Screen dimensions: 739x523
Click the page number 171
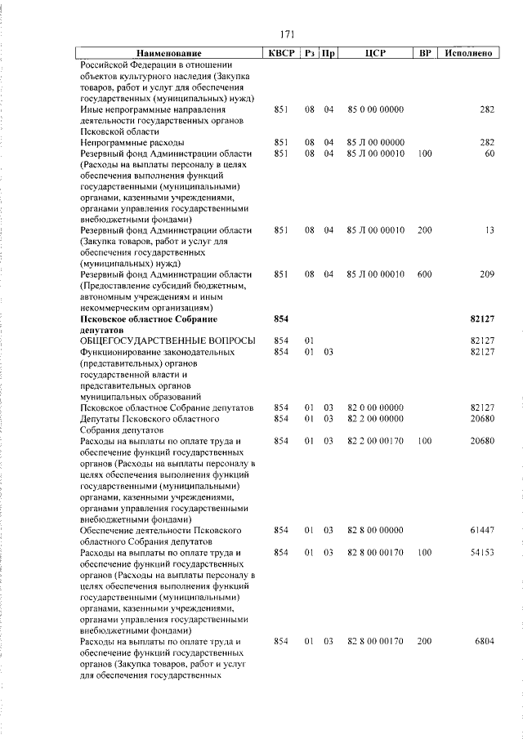click(x=287, y=34)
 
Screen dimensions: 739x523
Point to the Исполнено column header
click(x=469, y=53)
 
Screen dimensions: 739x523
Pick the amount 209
click(x=487, y=274)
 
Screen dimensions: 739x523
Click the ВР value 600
click(x=424, y=274)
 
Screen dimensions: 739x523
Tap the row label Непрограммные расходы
click(x=129, y=142)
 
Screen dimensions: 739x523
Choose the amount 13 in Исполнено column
click(x=489, y=229)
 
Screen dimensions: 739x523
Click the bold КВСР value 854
click(x=281, y=318)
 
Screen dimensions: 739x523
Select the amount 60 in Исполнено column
click(x=489, y=153)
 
